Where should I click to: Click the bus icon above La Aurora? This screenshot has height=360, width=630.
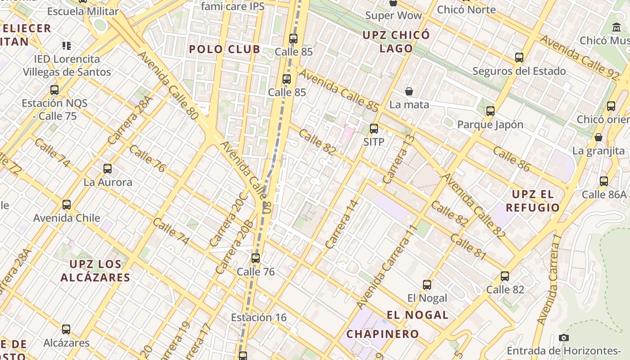(x=107, y=169)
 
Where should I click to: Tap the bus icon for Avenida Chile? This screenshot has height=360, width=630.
(x=67, y=205)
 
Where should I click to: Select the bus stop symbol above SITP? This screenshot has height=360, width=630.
(x=373, y=129)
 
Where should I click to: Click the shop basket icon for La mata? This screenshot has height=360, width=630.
(x=409, y=91)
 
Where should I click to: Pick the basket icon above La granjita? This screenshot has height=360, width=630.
(x=598, y=137)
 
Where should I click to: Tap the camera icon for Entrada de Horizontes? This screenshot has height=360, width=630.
(x=563, y=337)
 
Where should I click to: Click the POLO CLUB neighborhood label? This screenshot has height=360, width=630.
(x=225, y=49)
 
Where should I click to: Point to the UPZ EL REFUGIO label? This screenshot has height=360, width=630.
(x=533, y=201)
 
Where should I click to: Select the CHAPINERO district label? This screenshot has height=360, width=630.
(x=382, y=334)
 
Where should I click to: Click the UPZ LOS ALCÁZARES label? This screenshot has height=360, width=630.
(x=95, y=270)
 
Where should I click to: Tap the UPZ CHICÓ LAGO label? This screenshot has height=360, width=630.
(x=396, y=41)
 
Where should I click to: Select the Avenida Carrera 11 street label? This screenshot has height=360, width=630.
(x=387, y=267)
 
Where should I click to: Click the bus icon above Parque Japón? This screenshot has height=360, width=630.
(x=490, y=111)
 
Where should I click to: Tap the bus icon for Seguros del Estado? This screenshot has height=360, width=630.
(x=519, y=58)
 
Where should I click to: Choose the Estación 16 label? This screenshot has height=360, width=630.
(x=259, y=317)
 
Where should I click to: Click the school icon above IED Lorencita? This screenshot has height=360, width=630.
(x=67, y=45)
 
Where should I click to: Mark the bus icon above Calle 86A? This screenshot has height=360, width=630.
(x=604, y=181)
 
